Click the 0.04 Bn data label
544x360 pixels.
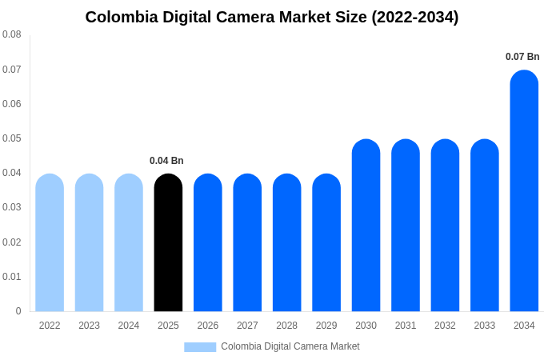166,161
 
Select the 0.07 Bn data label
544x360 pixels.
522,57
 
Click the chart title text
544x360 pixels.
272,17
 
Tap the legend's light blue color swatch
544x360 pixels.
200,346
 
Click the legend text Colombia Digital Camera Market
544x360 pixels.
290,346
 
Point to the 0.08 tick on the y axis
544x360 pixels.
12,34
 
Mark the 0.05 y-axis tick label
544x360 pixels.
12,138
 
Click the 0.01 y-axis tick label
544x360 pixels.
12,277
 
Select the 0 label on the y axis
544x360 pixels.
18,311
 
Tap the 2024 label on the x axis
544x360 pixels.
129,326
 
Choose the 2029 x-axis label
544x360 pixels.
326,326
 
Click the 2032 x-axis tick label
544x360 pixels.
445,326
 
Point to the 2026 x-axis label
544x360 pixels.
208,326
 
